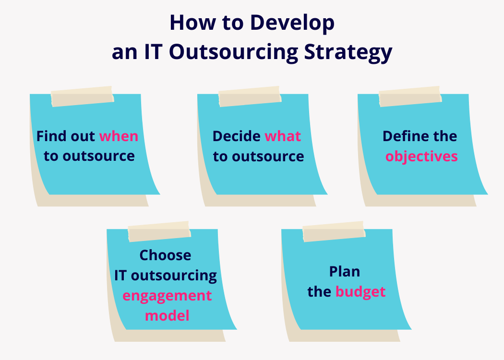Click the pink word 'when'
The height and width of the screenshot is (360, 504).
(x=119, y=136)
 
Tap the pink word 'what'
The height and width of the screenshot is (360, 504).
(x=283, y=136)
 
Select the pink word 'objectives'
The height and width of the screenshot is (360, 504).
(x=421, y=156)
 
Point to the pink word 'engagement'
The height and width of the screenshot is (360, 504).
(x=167, y=295)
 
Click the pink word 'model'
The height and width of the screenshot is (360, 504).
(x=167, y=315)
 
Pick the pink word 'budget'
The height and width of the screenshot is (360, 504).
(x=360, y=291)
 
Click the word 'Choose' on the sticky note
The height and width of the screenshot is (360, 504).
(x=165, y=255)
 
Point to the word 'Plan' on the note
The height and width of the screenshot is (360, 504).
(x=345, y=271)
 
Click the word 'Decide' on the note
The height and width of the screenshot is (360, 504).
(x=237, y=136)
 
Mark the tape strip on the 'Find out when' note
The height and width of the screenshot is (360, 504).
(x=83, y=96)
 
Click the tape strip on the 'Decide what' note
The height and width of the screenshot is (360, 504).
(x=250, y=96)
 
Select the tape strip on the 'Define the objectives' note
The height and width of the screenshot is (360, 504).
(x=410, y=96)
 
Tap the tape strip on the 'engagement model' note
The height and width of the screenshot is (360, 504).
(x=159, y=231)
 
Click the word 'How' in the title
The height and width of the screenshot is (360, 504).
(x=189, y=24)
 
